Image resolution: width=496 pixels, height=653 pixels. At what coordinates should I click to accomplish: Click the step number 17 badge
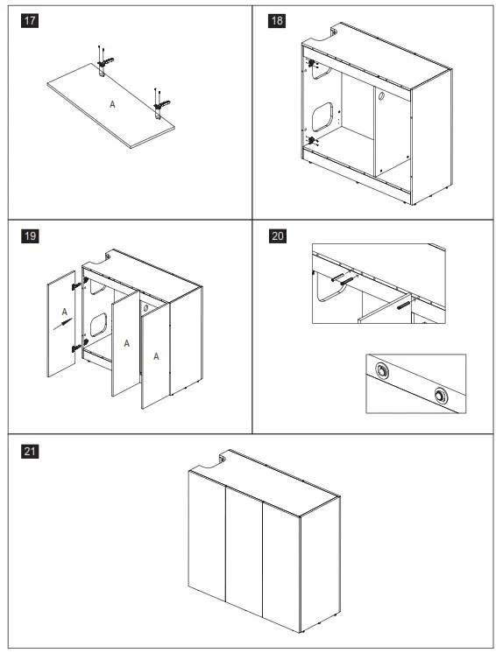click(30, 20)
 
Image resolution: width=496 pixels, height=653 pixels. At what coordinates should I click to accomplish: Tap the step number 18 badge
click(277, 20)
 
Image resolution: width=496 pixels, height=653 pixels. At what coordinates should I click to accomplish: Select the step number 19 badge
click(30, 236)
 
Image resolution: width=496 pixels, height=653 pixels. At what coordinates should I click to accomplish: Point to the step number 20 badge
click(278, 236)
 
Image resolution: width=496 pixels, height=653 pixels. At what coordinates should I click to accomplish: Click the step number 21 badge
click(30, 451)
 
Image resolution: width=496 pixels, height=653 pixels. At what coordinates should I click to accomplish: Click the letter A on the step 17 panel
click(112, 104)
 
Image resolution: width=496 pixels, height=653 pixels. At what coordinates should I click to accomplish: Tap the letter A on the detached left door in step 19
click(64, 312)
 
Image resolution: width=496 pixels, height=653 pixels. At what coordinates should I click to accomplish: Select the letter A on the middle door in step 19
click(127, 343)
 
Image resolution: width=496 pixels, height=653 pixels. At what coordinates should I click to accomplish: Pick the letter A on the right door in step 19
click(156, 356)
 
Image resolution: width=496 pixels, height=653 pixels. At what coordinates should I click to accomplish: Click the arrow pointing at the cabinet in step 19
click(62, 324)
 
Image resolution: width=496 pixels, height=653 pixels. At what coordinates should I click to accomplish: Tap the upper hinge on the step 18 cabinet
click(311, 63)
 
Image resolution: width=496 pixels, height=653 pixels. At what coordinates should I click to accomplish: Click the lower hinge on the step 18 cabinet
click(311, 140)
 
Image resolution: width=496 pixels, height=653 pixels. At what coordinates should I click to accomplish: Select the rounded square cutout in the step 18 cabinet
click(322, 116)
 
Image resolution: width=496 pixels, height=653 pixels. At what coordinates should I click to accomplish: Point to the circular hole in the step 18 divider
click(381, 95)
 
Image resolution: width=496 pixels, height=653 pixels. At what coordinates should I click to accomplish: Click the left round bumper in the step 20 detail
click(381, 369)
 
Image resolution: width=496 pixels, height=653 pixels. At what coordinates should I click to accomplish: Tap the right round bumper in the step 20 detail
click(440, 396)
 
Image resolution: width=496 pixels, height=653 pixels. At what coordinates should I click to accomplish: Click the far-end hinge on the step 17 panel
click(105, 63)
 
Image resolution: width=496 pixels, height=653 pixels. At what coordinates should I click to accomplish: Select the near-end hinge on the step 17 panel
click(161, 105)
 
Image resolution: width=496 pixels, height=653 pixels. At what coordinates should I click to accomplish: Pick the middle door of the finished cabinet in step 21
click(244, 550)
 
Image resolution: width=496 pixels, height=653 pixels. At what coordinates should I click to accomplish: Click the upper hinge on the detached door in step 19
click(77, 285)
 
